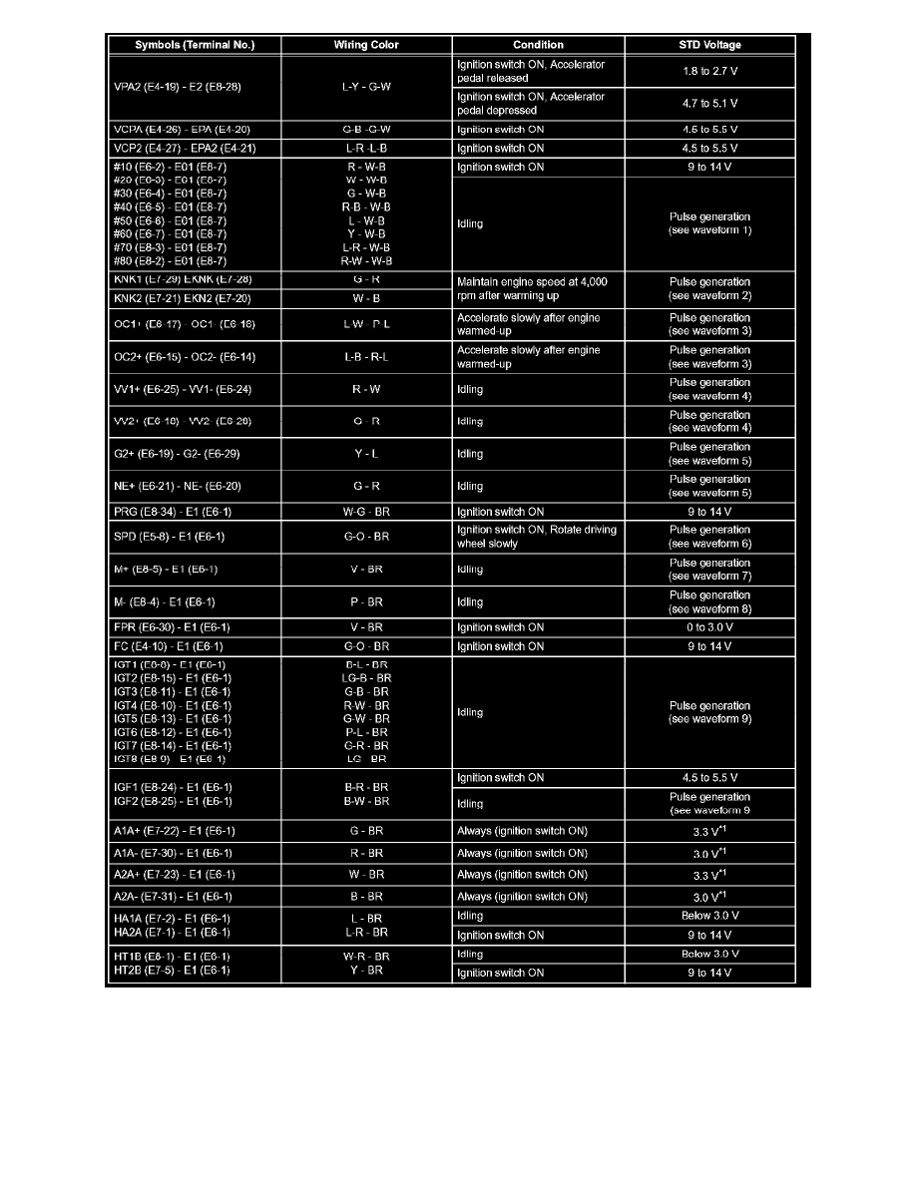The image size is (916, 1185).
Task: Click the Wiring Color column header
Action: [366, 45]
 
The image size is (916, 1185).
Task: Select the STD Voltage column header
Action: [709, 45]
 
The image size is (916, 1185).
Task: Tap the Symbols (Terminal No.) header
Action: [195, 45]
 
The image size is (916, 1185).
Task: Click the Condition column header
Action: [538, 45]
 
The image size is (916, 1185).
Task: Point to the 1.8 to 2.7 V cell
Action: [709, 71]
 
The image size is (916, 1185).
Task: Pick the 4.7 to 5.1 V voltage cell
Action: [709, 103]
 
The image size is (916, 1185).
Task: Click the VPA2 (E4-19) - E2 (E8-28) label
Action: [181, 87]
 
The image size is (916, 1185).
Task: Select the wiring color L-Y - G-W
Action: [366, 87]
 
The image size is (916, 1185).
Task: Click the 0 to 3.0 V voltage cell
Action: [709, 627]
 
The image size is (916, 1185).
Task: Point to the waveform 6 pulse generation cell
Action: [709, 537]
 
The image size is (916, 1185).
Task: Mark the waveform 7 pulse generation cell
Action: [709, 570]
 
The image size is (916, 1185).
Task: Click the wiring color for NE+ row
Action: [366, 487]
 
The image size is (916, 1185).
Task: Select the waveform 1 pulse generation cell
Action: [709, 223]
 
